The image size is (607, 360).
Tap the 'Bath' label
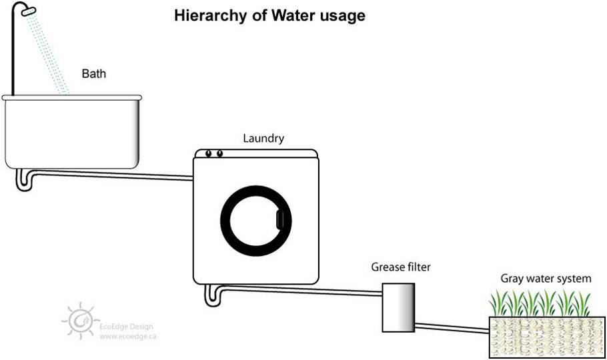click(94, 73)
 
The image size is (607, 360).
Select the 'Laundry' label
click(263, 139)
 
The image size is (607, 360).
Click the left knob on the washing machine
click(209, 154)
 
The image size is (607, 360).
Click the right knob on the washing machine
click(219, 154)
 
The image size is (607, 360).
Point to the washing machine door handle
click(279, 219)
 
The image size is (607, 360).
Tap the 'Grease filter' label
click(401, 267)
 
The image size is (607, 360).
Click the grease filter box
click(398, 306)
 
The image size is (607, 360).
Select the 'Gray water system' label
click(546, 279)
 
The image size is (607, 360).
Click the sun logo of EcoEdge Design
click(81, 321)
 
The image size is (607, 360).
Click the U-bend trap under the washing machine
click(213, 294)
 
